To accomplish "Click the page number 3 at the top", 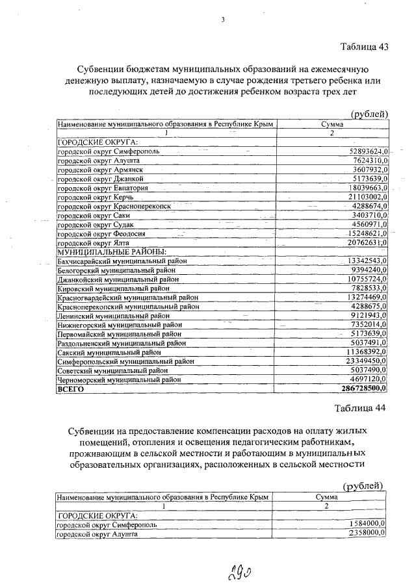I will coord(223,19).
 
